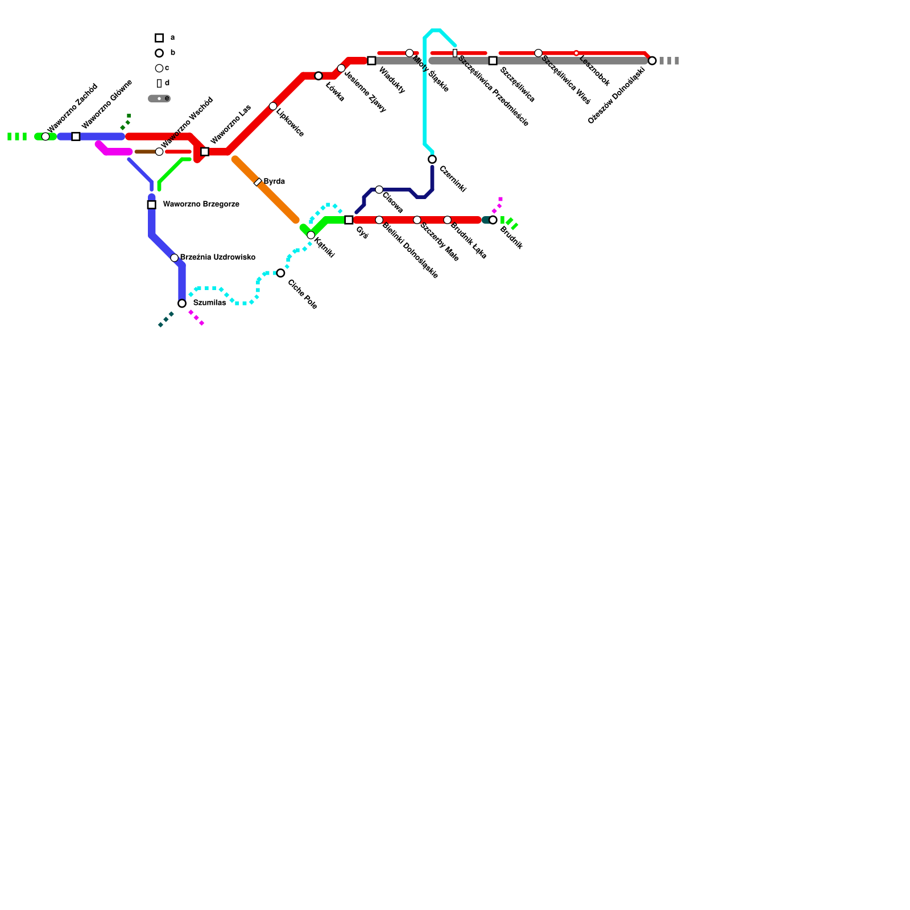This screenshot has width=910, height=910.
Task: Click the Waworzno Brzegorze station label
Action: coord(201,204)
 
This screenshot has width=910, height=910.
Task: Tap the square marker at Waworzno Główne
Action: coord(76,136)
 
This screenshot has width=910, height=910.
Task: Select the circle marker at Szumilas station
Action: coord(182,304)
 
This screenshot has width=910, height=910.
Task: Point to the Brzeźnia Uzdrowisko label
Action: coord(217,258)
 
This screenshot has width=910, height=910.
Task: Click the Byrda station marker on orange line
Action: coord(258,182)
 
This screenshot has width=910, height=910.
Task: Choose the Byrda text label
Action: coord(274,181)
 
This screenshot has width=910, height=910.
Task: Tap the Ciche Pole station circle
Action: coord(280,273)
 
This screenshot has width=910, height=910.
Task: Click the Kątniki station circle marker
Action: coord(311,235)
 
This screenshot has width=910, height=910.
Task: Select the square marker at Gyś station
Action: coord(349,220)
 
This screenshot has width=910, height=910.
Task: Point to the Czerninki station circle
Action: coord(432,159)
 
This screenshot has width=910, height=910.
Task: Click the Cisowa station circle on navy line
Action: coord(379,189)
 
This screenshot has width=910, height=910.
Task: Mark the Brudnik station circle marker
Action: coord(493,220)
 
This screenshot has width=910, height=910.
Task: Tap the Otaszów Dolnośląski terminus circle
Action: coord(652,61)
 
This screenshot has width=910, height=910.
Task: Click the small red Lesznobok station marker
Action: coord(576,53)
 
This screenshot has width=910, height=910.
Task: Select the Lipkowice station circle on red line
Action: coord(273,106)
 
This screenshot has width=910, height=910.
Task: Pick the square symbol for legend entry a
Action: coord(159,38)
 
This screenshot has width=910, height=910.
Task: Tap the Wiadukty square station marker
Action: coord(371,61)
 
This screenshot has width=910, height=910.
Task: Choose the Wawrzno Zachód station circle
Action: coord(45,136)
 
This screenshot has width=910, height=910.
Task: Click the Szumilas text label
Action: coord(209,303)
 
